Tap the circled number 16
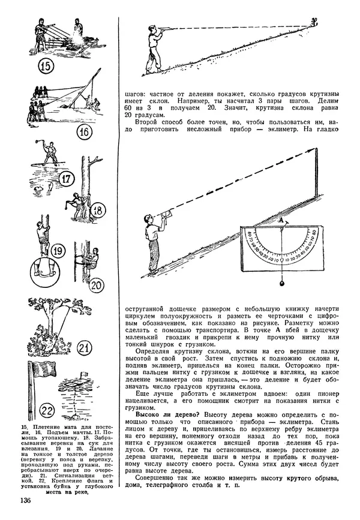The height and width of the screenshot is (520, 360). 86,131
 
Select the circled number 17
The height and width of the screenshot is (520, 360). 66,179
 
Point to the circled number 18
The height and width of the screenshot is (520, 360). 97,209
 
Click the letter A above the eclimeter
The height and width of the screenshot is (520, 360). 279,221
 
